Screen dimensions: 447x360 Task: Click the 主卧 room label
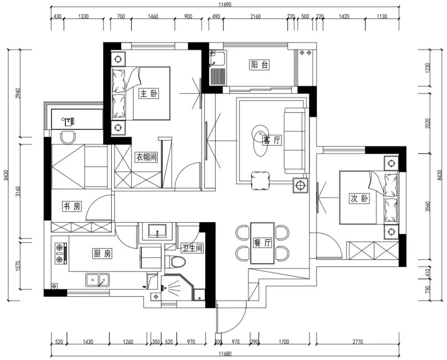pos(149,94)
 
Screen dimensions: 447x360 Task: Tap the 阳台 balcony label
pos(259,65)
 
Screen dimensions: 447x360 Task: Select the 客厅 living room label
pos(272,140)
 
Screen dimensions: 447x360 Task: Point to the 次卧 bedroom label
pos(359,198)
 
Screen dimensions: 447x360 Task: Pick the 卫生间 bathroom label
pos(192,248)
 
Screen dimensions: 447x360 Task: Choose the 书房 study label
pos(72,206)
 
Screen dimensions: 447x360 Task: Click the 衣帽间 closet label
pos(146,157)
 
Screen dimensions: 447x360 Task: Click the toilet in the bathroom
pos(175,261)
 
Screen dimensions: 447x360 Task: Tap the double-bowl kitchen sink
pos(98,280)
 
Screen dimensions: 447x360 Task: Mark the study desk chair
pos(68,137)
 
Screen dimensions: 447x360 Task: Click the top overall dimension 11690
pos(225,4)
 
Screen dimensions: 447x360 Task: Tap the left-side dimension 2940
pos(18,94)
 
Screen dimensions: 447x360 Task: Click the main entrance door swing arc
pos(239,324)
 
